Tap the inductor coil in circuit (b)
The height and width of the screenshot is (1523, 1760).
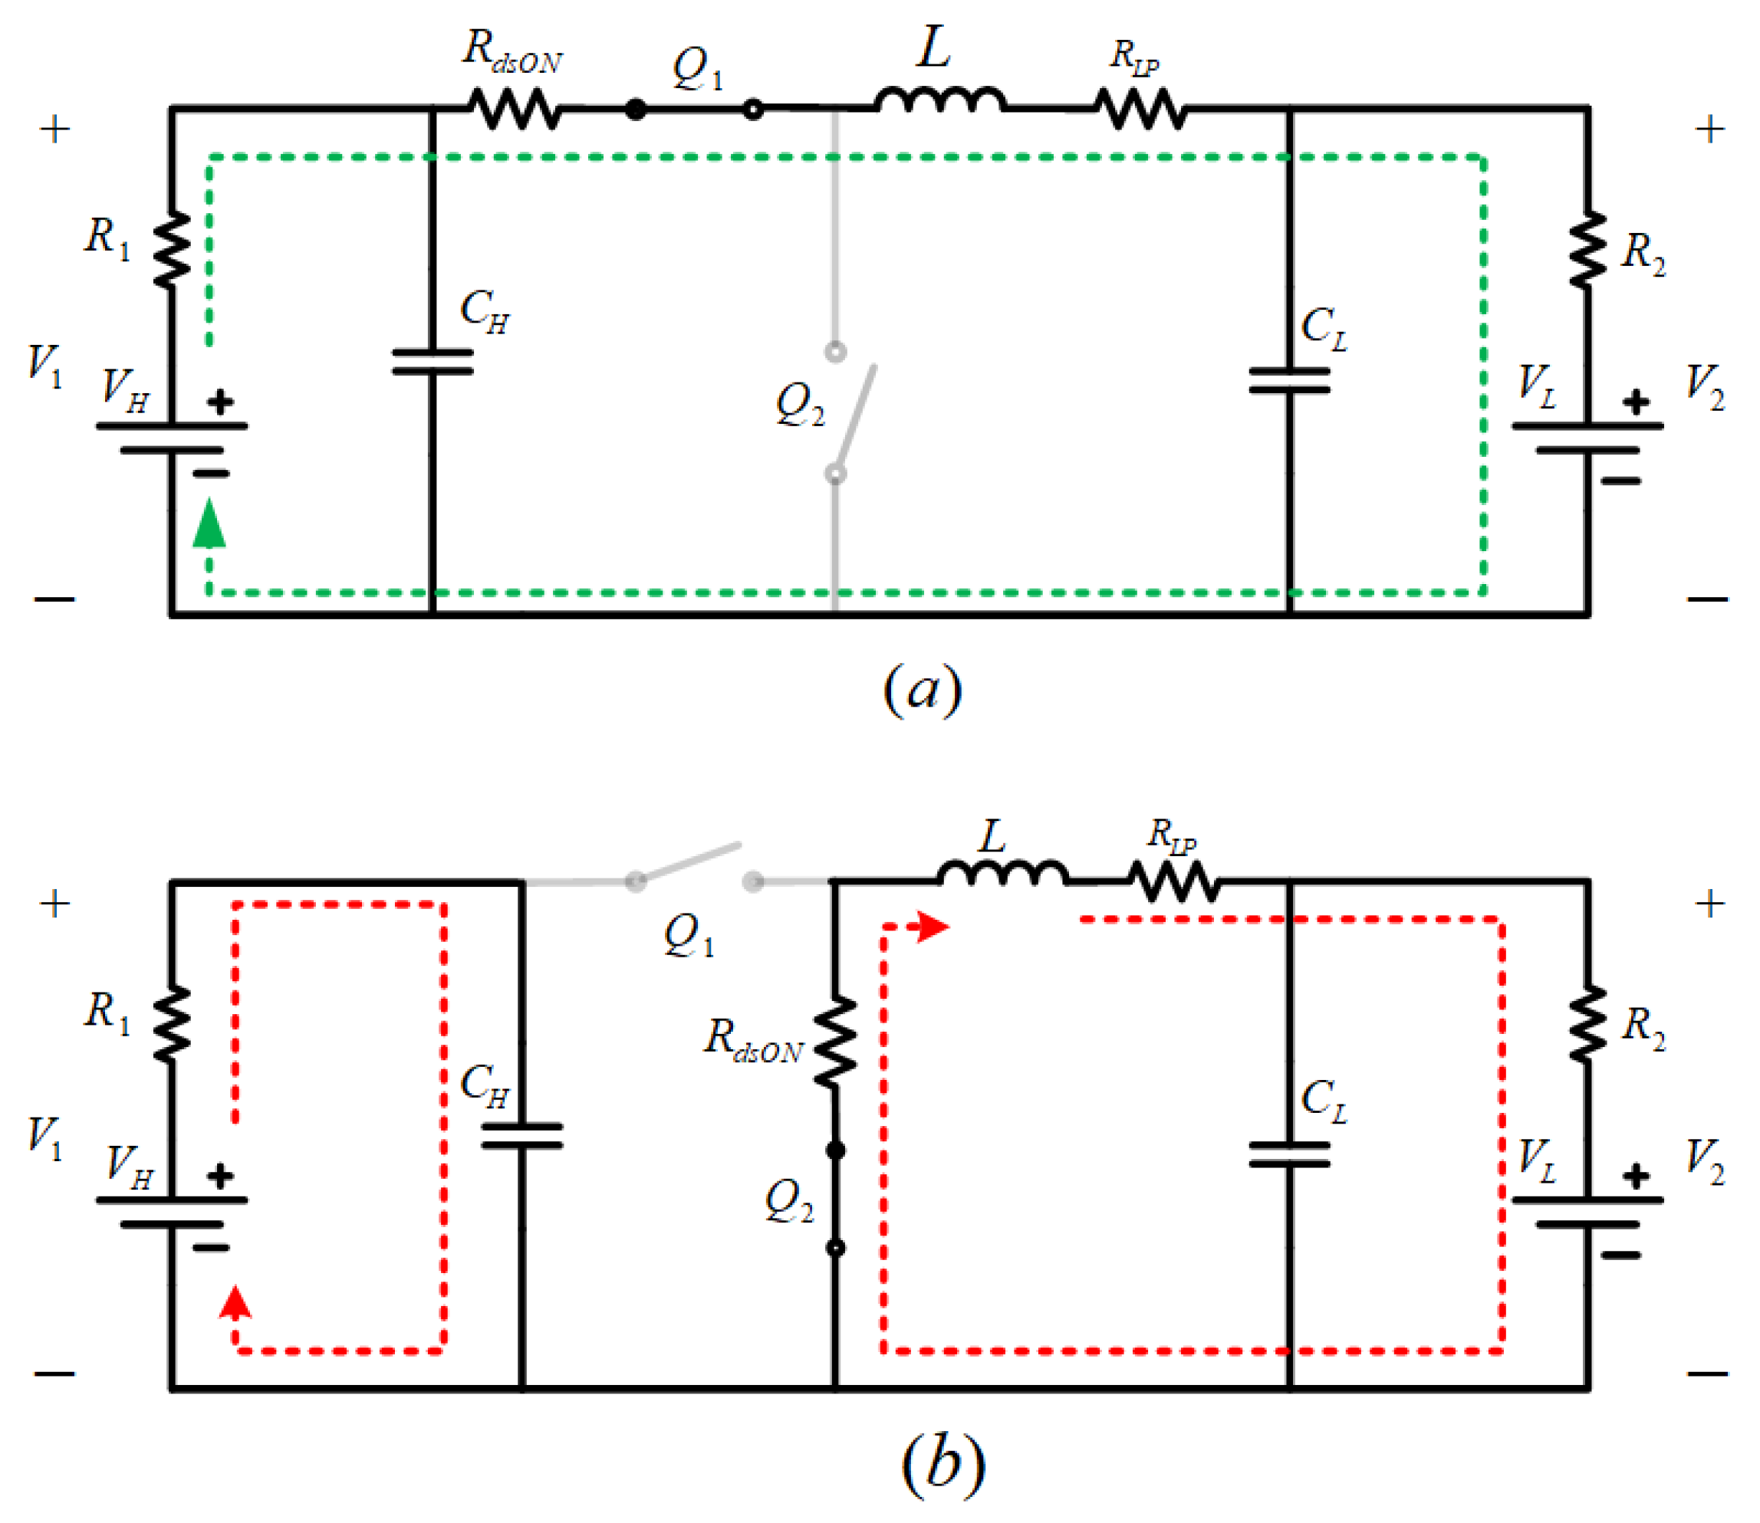click(x=1003, y=874)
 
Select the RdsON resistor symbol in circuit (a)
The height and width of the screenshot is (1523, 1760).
click(x=514, y=109)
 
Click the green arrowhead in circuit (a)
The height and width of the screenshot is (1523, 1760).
click(x=209, y=523)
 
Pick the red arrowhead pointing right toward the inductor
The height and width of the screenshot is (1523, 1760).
click(x=933, y=927)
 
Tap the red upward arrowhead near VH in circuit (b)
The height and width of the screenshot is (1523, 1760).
click(x=235, y=1302)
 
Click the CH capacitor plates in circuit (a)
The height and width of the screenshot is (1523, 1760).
click(x=432, y=361)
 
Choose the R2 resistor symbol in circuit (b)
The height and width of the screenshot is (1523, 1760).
click(x=1587, y=1024)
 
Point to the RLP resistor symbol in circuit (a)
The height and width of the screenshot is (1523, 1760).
click(x=1140, y=109)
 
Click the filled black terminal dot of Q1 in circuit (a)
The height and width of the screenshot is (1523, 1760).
click(x=635, y=109)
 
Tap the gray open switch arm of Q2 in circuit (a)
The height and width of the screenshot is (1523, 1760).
click(x=854, y=414)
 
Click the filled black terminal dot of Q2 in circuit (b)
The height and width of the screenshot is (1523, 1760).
click(x=835, y=1150)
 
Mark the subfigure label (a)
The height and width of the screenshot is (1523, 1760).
click(x=923, y=688)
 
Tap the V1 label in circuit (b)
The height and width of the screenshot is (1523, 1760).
click(x=45, y=1137)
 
